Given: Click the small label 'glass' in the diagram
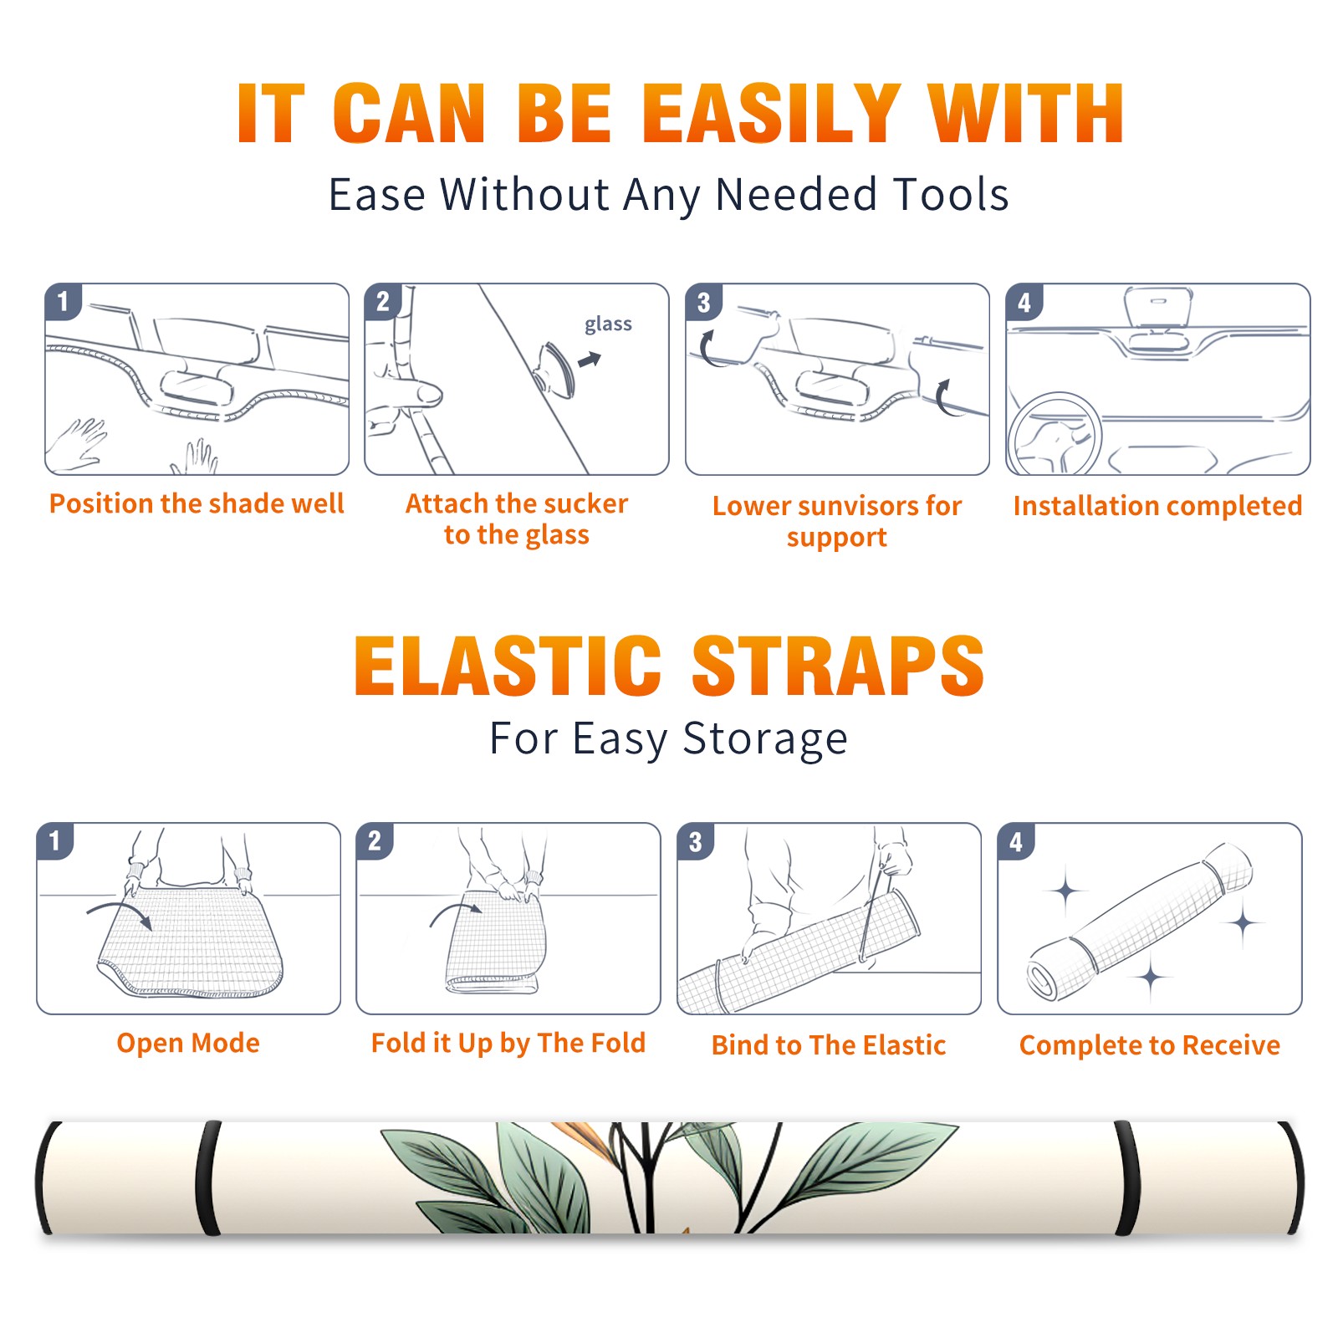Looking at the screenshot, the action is [608, 324].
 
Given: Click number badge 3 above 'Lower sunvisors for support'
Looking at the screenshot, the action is [703, 303].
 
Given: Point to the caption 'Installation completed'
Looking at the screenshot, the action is [1157, 505].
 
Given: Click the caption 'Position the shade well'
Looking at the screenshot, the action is [197, 503].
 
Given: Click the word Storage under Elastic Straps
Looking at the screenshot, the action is [765, 738].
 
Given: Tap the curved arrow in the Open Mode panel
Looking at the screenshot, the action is [120, 913].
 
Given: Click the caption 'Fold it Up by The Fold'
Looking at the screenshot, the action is [508, 1043].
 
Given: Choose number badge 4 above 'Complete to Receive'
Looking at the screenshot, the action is [1015, 841].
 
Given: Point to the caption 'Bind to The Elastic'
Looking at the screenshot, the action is [829, 1045].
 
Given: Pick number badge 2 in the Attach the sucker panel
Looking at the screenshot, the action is [383, 302].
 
